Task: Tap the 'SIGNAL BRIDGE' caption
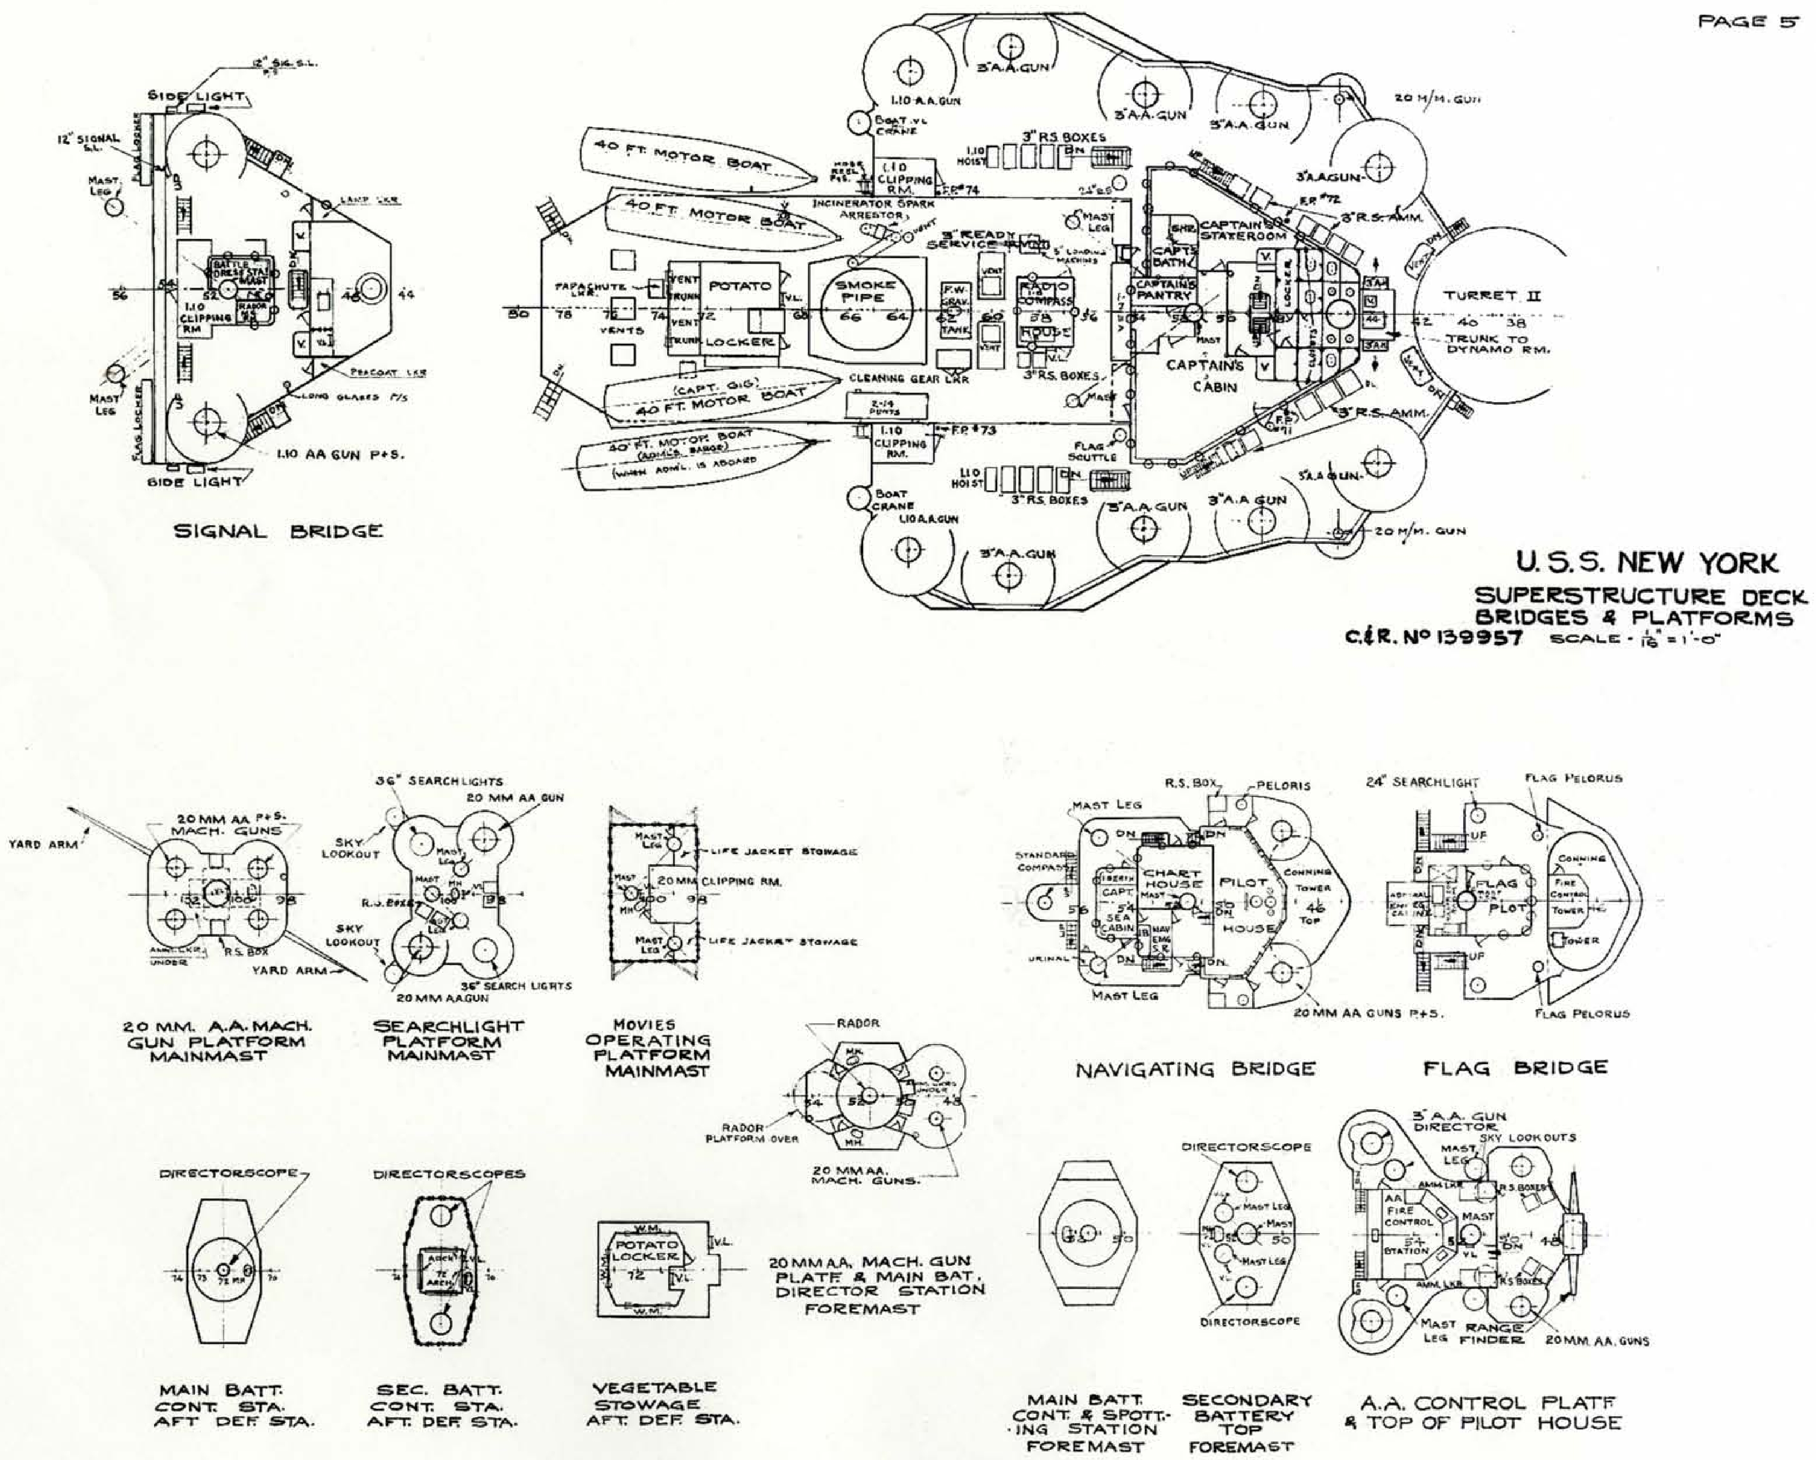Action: click(278, 532)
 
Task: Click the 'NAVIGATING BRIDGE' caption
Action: click(1195, 1069)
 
